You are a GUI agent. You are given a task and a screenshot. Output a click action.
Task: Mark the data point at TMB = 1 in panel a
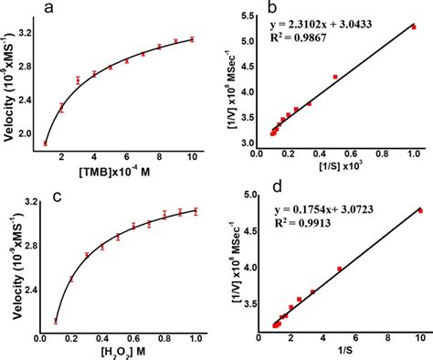(x=46, y=143)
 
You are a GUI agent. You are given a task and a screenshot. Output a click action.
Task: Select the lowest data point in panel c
(x=56, y=321)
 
